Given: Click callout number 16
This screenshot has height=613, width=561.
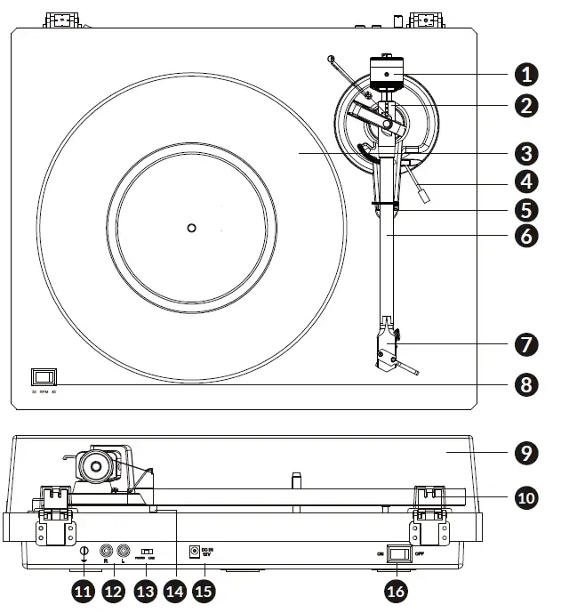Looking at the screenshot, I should click(x=397, y=589).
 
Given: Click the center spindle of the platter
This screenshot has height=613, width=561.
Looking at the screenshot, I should click(x=190, y=228).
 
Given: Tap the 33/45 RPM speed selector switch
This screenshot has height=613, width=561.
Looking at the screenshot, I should click(x=41, y=376).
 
